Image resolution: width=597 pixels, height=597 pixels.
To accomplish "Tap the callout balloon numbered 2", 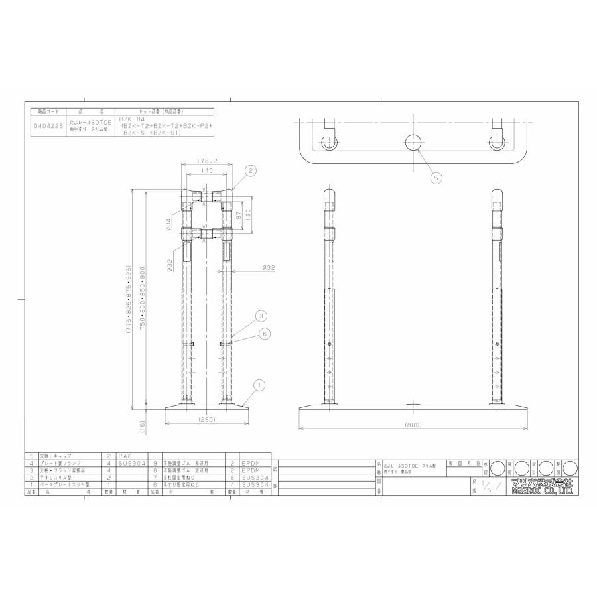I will [250, 170].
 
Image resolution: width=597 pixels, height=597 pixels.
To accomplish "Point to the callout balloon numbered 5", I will [435, 177].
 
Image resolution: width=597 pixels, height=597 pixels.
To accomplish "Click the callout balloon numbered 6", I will [264, 334].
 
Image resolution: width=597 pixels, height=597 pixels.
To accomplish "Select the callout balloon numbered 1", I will [260, 384].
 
